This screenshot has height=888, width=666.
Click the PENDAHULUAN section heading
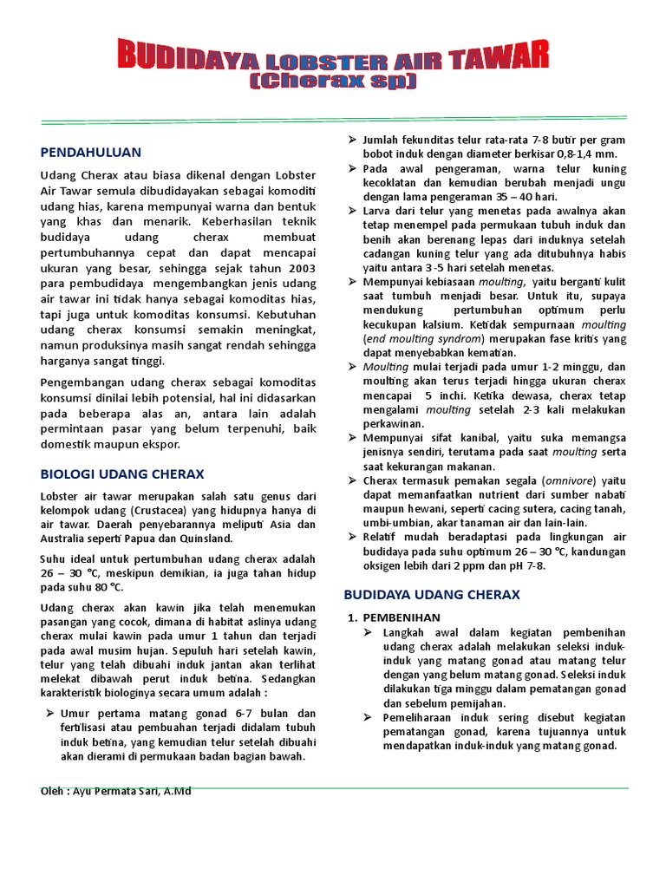pos(90,152)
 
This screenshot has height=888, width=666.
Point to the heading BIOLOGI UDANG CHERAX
pos(122,474)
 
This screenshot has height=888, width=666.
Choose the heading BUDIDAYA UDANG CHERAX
pos(431,595)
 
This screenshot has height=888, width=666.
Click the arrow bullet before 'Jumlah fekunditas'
pos(351,140)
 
